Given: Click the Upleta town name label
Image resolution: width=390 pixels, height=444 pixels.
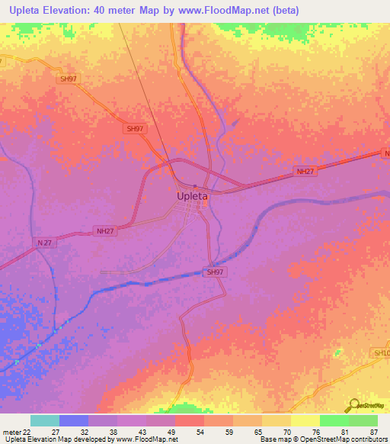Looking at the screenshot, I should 191,196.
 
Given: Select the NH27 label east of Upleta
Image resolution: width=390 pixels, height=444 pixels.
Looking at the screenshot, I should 305,172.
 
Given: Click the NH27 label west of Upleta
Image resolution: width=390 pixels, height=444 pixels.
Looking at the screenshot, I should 106,230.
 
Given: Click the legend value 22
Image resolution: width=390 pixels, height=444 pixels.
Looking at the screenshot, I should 27,431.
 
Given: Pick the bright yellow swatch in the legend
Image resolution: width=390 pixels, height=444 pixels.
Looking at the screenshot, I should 305,420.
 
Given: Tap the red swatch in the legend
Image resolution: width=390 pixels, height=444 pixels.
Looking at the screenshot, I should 189,420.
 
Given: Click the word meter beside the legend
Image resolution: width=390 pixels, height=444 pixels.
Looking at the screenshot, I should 11,431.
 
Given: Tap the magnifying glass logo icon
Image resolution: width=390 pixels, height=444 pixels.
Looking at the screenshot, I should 352,405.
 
